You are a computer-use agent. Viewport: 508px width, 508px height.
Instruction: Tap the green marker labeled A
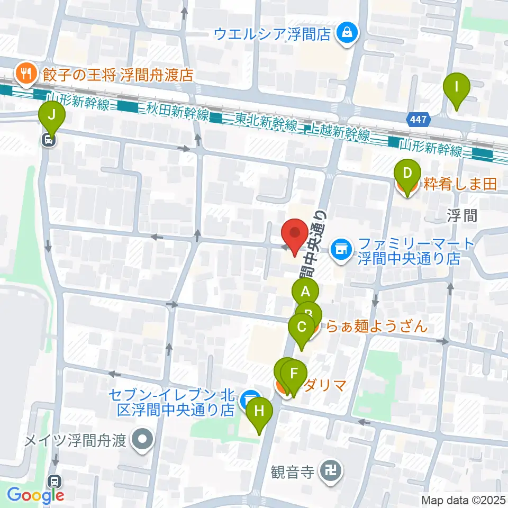click(x=305, y=292)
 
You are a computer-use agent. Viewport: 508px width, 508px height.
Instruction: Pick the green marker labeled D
click(x=407, y=174)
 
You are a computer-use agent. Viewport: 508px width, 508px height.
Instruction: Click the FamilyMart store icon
click(x=341, y=248)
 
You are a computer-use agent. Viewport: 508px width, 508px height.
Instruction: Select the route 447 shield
click(x=418, y=120)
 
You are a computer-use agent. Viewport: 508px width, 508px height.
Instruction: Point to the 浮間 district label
click(x=462, y=215)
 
